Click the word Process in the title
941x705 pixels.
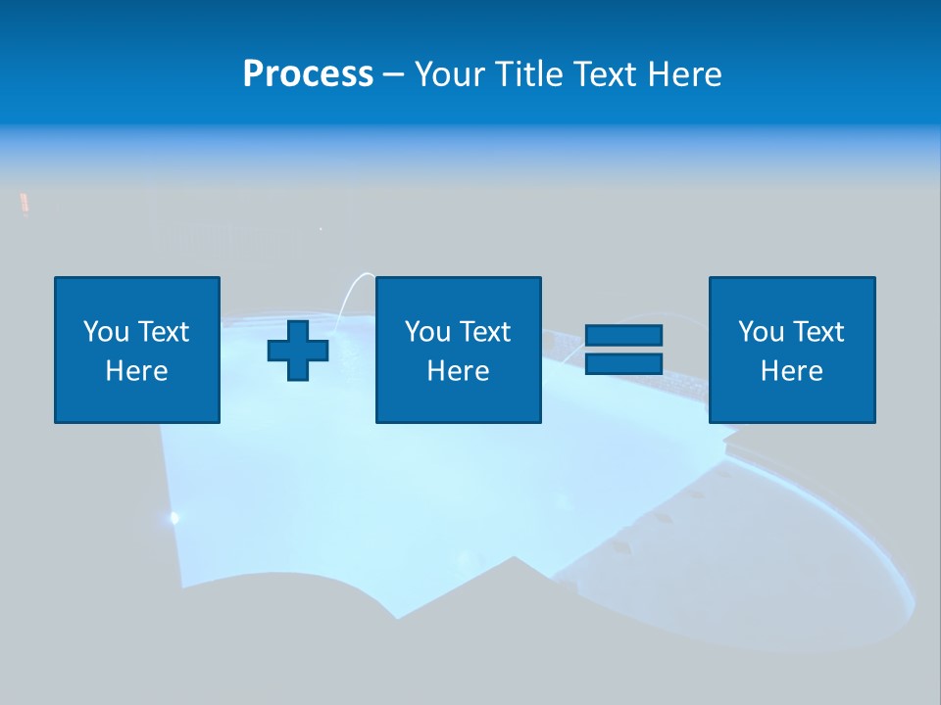(308, 74)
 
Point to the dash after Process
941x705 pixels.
(394, 75)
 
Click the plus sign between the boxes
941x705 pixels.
(298, 350)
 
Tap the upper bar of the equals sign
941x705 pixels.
(623, 335)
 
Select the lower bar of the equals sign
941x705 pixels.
(623, 363)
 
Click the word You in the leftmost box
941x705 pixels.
(106, 332)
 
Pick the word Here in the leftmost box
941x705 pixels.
(136, 371)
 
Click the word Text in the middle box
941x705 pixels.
(485, 332)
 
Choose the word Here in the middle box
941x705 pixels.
(458, 371)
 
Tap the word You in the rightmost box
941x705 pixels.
(761, 332)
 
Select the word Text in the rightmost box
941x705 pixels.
(818, 332)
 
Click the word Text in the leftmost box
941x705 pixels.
(164, 332)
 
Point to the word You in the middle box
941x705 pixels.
(427, 332)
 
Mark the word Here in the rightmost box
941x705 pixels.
(791, 371)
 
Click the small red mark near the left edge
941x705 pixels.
(25, 204)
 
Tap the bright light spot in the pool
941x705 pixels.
(174, 517)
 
